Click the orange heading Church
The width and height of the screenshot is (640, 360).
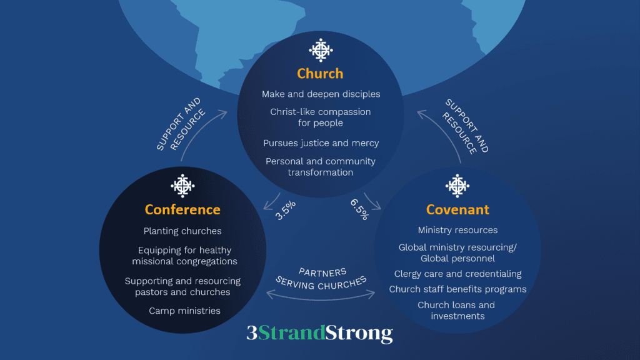tap(320, 74)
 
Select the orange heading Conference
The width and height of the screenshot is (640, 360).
tap(182, 209)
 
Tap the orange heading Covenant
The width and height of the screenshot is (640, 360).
tap(457, 209)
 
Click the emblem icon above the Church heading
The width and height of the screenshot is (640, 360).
tap(321, 50)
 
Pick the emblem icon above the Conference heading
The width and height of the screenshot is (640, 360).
tap(182, 186)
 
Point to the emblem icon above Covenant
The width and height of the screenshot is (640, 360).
tap(457, 186)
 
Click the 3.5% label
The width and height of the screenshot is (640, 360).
tap(285, 210)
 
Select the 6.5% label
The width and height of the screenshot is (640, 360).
tap(359, 209)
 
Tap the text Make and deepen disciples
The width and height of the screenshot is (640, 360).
tap(321, 94)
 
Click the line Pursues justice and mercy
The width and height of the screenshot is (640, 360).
tap(321, 143)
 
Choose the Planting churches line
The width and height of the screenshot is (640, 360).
tap(182, 231)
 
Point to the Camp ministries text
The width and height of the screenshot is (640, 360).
tap(184, 311)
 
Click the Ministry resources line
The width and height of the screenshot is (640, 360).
tap(457, 230)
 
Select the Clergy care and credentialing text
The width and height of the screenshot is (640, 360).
tap(457, 274)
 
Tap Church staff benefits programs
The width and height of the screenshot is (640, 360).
tap(457, 289)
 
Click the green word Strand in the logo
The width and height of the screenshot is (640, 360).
tap(292, 333)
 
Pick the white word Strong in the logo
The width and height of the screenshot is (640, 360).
tap(359, 334)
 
